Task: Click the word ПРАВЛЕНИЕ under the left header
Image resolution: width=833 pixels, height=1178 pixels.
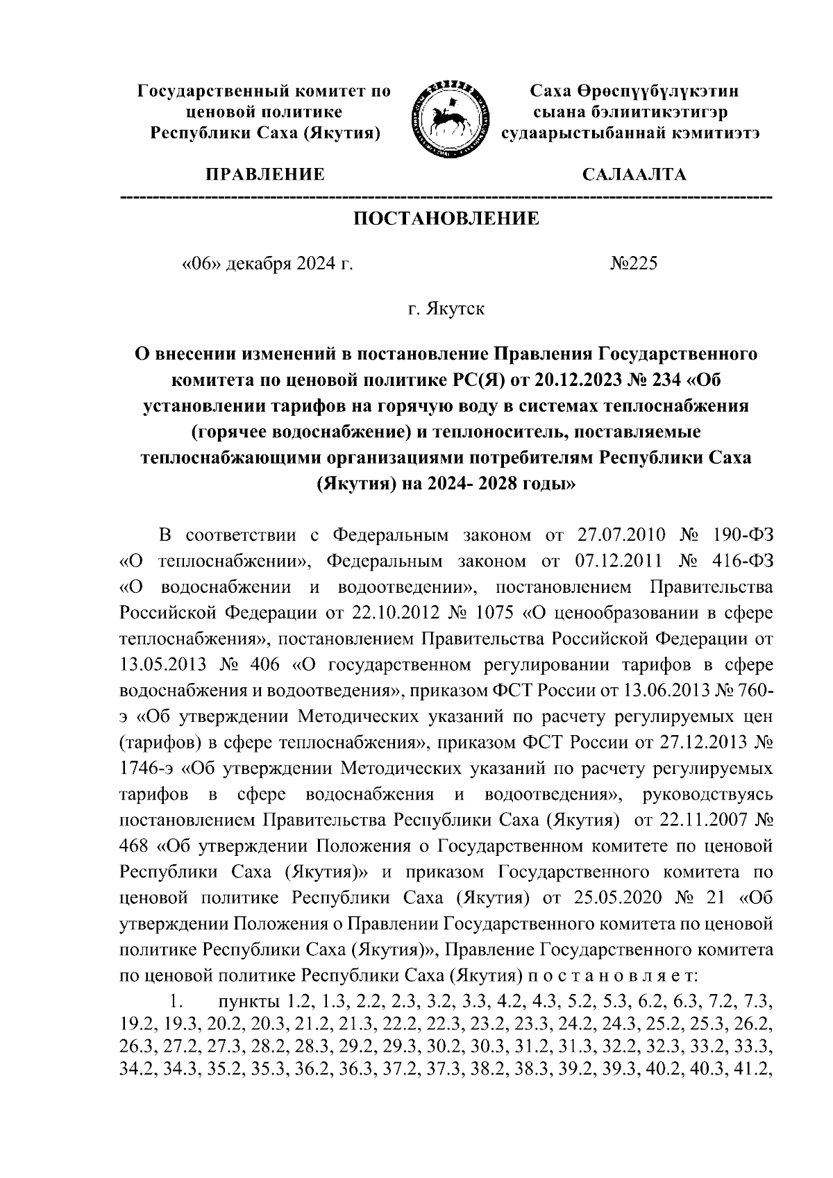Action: point(263,174)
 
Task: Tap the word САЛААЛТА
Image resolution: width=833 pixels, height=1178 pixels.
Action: point(634,174)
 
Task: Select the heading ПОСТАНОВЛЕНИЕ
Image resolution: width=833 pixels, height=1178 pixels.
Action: point(446,219)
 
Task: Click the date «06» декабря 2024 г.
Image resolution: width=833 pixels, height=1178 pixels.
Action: point(267,264)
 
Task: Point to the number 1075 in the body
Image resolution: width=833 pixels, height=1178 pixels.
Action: point(493,613)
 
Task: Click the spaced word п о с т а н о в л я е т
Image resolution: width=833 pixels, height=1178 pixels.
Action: point(612,975)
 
